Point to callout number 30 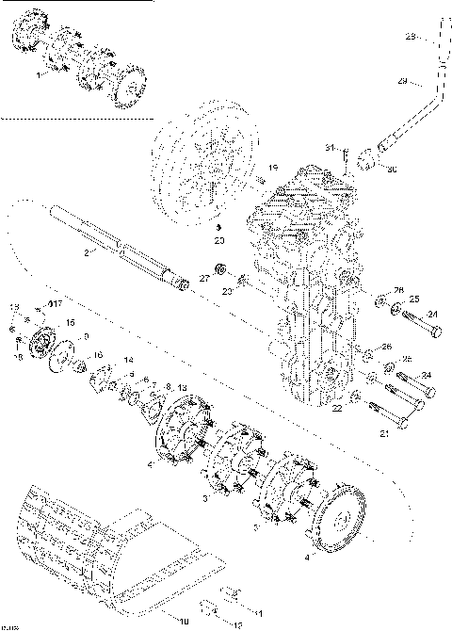tap(391, 169)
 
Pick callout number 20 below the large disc tap(218, 240)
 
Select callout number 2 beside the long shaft tap(87, 252)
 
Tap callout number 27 tap(203, 278)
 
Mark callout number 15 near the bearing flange tap(70, 323)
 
